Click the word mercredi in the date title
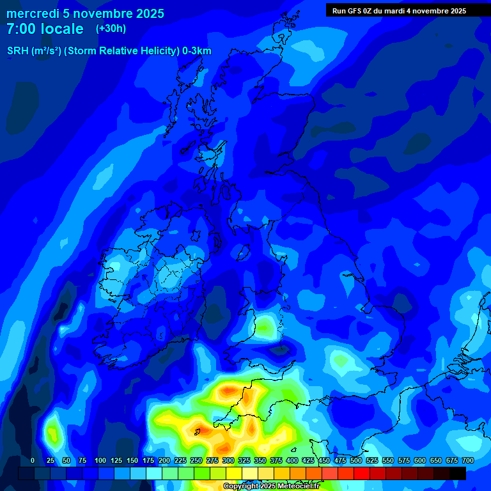[x=32, y=13]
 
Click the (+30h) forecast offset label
[x=111, y=29]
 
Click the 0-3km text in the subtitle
[x=195, y=51]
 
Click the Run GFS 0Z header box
[x=399, y=10]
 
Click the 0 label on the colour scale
[x=33, y=460]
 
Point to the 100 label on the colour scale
[x=100, y=460]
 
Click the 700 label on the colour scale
[x=468, y=460]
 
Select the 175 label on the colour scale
[x=148, y=460]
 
